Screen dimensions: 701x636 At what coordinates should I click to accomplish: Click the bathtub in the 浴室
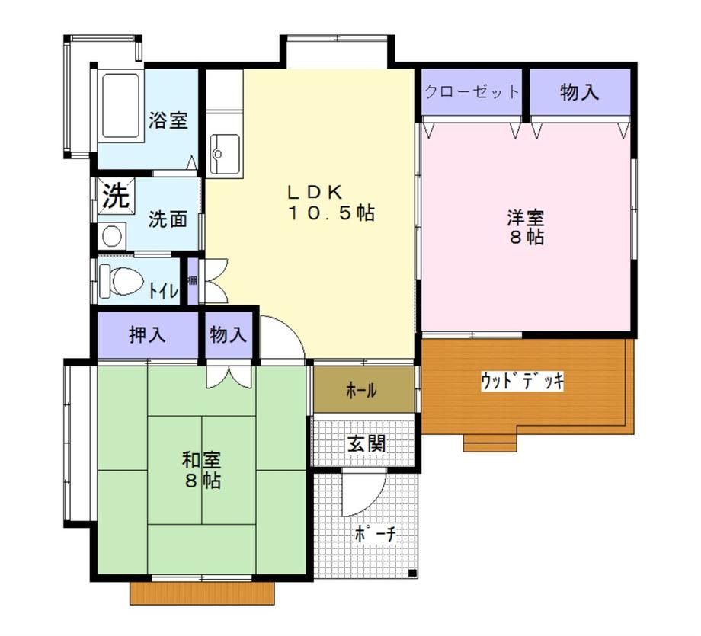point(120,106)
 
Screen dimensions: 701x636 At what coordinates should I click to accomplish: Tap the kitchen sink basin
point(225,154)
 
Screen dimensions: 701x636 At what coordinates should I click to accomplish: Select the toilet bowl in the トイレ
point(121,281)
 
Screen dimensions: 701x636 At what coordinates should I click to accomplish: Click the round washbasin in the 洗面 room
point(111,235)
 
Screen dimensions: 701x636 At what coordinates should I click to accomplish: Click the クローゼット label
point(471,92)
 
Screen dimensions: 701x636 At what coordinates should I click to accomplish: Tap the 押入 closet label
point(147,335)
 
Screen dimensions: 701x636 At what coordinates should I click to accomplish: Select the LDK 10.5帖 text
point(330,203)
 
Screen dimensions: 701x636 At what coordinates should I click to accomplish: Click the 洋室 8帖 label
point(527,227)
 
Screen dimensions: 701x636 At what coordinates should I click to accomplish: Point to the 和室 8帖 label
point(202,470)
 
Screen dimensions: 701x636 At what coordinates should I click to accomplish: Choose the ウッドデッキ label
point(522,381)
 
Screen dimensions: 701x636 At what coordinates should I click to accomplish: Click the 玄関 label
point(367,443)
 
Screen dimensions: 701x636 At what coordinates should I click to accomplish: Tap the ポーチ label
point(376,534)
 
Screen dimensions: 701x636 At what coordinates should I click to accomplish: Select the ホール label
point(361,391)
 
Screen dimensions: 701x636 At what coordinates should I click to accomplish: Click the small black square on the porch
point(412,573)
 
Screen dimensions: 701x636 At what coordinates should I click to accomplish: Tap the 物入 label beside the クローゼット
point(579,92)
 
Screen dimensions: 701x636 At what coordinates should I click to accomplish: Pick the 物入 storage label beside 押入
point(228,335)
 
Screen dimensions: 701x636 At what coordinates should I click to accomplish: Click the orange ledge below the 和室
point(202,593)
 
